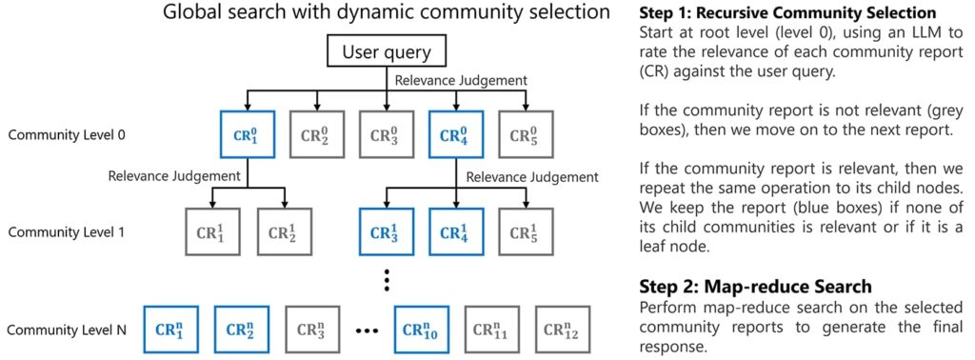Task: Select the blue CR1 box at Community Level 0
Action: [246, 135]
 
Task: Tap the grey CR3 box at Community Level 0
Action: [387, 135]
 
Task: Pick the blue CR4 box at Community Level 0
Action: [456, 135]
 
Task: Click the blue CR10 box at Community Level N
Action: [421, 330]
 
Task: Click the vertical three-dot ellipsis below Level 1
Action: [387, 281]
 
